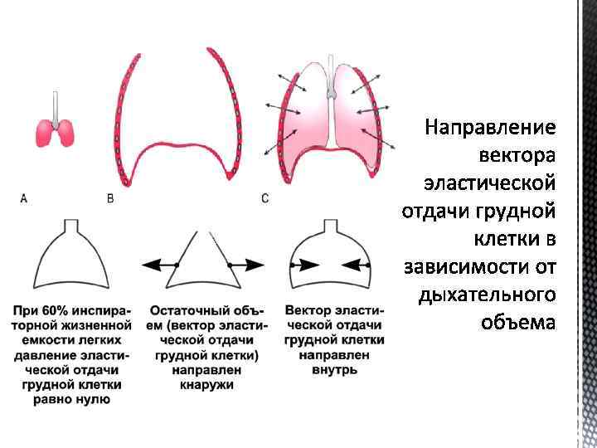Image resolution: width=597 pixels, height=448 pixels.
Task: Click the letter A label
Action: pos(23,198)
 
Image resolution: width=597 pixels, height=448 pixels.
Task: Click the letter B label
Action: pos(111,198)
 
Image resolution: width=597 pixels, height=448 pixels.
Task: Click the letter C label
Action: pos(265,198)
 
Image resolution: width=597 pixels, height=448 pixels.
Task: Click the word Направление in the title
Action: pos(489,127)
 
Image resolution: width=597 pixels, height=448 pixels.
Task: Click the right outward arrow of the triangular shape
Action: pos(246,264)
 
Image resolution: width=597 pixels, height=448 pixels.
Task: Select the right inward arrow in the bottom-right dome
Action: pos(357,264)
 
